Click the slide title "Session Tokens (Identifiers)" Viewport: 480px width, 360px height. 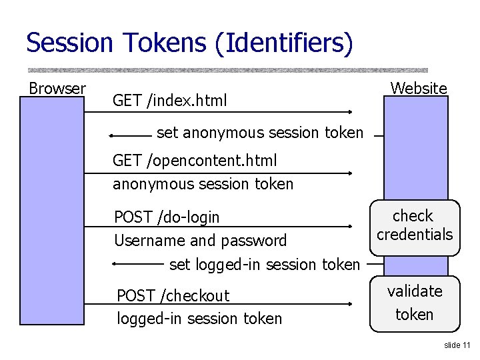pyautogui.click(x=189, y=43)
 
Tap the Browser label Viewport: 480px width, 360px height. pyautogui.click(x=57, y=89)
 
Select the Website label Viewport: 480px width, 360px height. pyautogui.click(x=419, y=88)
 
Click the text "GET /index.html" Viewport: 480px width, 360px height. pyautogui.click(x=170, y=101)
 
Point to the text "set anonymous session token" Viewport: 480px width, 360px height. pyautogui.click(x=260, y=133)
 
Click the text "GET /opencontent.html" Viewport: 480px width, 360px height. pyautogui.click(x=195, y=161)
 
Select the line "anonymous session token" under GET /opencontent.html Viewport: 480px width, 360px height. pyautogui.click(x=203, y=184)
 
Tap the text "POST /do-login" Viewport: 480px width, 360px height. pyautogui.click(x=167, y=217)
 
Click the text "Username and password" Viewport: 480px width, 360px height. pyautogui.click(x=200, y=241)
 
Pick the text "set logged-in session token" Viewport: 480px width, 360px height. pyautogui.click(x=264, y=265)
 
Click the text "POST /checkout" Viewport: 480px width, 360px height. pyautogui.click(x=173, y=295)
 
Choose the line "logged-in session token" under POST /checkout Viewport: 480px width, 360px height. pyautogui.click(x=199, y=319)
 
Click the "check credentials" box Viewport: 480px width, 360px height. pyautogui.click(x=414, y=227)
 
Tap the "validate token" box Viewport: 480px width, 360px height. pyautogui.click(x=414, y=303)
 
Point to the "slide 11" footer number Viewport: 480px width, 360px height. pyautogui.click(x=457, y=345)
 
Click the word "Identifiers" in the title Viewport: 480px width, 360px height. pyautogui.click(x=287, y=43)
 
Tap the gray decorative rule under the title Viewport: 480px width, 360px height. pyautogui.click(x=227, y=69)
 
